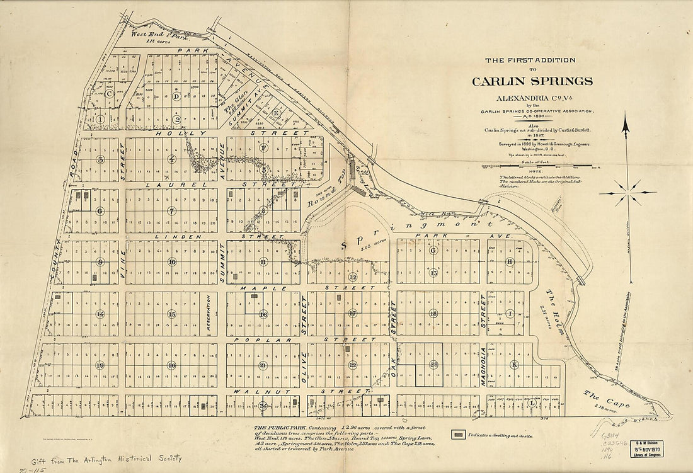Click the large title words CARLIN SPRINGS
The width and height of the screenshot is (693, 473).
point(532,81)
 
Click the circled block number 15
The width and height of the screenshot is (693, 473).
point(171,313)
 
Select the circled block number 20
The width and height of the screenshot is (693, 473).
point(171,365)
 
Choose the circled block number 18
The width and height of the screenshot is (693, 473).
point(433,313)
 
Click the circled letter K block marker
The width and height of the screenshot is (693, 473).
point(514,365)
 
